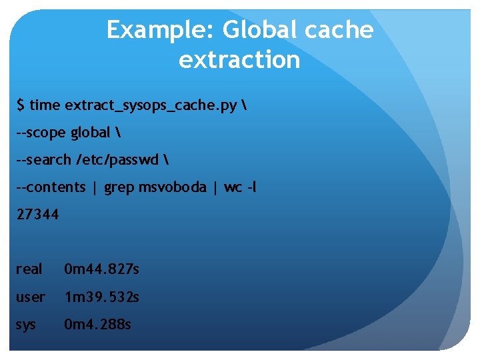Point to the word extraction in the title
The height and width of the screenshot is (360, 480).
[239, 60]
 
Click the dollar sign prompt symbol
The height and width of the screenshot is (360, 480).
[21, 105]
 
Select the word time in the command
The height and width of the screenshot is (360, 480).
[45, 105]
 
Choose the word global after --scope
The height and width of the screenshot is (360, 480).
[89, 133]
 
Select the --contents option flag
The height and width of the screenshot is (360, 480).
[51, 187]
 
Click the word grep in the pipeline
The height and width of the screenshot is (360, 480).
[119, 187]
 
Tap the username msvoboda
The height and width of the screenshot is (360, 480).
[173, 187]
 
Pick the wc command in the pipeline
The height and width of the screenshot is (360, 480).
[233, 188]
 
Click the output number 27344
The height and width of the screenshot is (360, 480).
[38, 215]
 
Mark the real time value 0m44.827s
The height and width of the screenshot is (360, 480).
[101, 269]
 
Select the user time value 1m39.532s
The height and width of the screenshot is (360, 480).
[101, 297]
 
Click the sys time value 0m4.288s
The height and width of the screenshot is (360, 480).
[97, 325]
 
